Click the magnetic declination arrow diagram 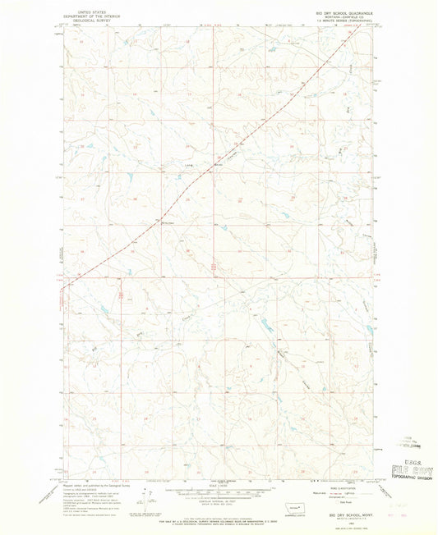[148, 497]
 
